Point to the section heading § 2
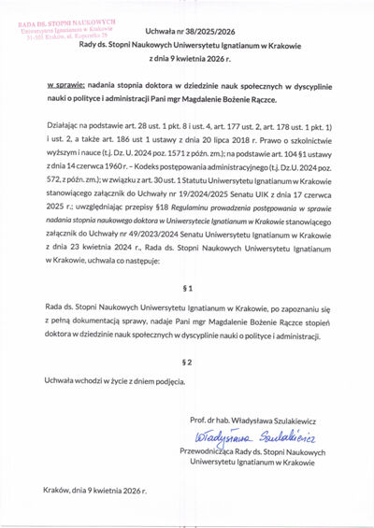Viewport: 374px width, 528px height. (187, 361)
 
